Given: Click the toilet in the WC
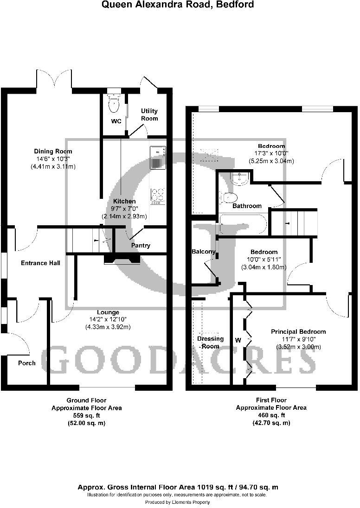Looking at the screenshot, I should pyautogui.click(x=113, y=105).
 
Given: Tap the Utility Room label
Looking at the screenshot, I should pyautogui.click(x=149, y=114).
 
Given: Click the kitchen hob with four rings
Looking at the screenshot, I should pyautogui.click(x=158, y=196).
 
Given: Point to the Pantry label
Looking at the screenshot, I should pyautogui.click(x=141, y=245).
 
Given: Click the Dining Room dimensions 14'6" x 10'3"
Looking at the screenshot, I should pyautogui.click(x=53, y=159).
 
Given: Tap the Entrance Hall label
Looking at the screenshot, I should pyautogui.click(x=41, y=263).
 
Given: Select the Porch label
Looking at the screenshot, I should pyautogui.click(x=27, y=362).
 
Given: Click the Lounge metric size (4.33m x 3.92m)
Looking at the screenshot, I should pyautogui.click(x=108, y=327).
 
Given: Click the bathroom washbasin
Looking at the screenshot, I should pyautogui.click(x=240, y=178).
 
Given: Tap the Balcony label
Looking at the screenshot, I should pyautogui.click(x=204, y=252).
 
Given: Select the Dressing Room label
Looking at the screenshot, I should pyautogui.click(x=208, y=343).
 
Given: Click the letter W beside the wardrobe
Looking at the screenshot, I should pyautogui.click(x=238, y=340).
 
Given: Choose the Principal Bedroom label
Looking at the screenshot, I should pyautogui.click(x=298, y=331).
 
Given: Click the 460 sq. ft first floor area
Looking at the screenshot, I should pyautogui.click(x=271, y=415).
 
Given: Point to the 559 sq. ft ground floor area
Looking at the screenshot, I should pyautogui.click(x=86, y=415).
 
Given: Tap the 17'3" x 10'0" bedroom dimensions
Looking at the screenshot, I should pyautogui.click(x=271, y=153).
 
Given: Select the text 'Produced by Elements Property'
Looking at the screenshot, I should pyautogui.click(x=178, y=502).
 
